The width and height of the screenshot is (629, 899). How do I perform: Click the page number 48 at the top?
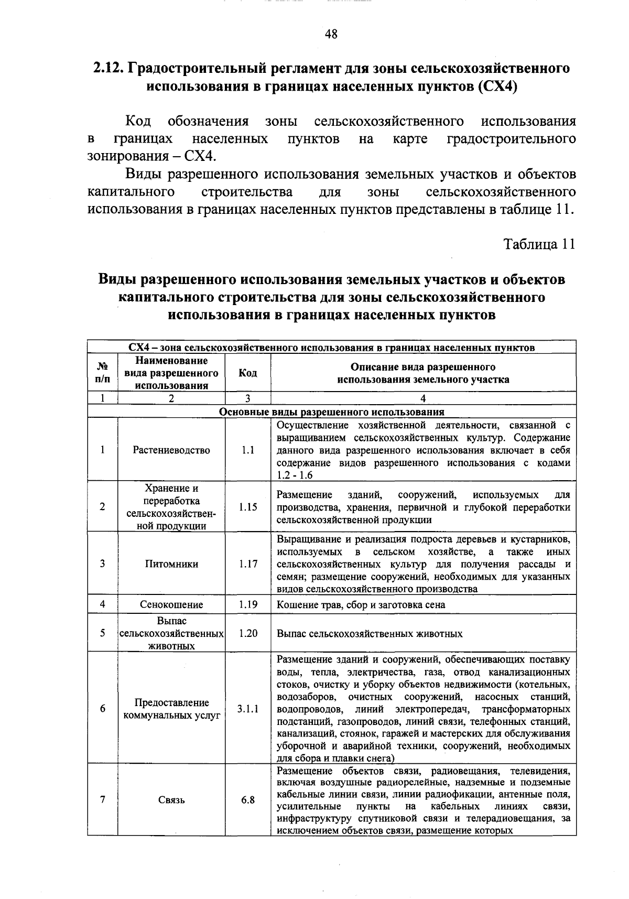pos(331,35)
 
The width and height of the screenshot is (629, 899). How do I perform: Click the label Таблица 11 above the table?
pos(539,244)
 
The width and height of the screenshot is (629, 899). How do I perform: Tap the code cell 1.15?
pos(248,507)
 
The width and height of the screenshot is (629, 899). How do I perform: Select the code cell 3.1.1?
pos(248,709)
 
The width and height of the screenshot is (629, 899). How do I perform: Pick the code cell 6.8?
pos(248,800)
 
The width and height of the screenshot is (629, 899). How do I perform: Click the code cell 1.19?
pos(248,604)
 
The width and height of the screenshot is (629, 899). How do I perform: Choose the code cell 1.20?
pos(248,633)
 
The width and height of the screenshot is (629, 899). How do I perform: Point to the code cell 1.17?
pos(248,564)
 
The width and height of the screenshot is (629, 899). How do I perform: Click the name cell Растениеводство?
pos(171,450)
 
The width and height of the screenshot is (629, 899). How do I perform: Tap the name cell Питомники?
pos(171,564)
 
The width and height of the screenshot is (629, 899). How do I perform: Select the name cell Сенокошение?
pos(171,604)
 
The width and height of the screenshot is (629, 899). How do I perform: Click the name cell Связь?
pos(171,800)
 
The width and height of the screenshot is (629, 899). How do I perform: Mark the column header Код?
pos(248,373)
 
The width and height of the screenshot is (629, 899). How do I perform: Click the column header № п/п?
pos(103,373)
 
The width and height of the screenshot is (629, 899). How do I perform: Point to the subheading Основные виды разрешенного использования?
pos(331,412)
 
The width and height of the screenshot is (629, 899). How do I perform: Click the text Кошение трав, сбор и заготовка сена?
pos(361,604)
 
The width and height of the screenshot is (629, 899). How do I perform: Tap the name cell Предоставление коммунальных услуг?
pos(171,709)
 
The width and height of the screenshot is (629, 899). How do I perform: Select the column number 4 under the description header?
pos(423,398)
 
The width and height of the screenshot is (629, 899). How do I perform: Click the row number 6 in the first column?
pos(103,709)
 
